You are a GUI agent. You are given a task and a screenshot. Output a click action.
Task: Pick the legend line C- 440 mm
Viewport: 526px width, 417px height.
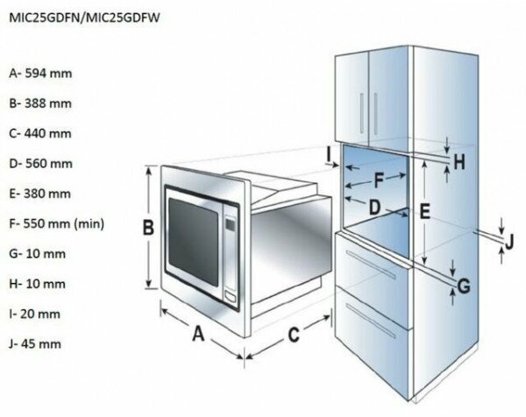click(x=40, y=133)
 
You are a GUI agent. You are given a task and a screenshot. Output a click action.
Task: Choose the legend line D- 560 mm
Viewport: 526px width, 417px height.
click(x=40, y=163)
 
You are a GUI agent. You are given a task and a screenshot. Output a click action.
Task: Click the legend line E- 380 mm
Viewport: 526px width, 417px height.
click(x=40, y=193)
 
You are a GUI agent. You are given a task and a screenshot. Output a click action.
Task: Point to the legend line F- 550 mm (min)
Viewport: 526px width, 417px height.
click(x=56, y=223)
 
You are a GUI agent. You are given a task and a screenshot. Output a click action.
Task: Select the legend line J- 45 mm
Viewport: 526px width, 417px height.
click(x=37, y=343)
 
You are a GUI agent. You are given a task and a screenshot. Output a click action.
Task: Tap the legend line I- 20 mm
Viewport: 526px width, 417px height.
click(x=37, y=314)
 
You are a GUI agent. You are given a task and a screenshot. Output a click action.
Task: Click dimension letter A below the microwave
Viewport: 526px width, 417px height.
click(x=198, y=334)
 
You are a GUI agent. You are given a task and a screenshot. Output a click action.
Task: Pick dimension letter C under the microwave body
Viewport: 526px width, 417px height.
click(x=295, y=334)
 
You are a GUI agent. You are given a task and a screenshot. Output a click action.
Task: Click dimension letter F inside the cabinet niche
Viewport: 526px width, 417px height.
click(x=379, y=180)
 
